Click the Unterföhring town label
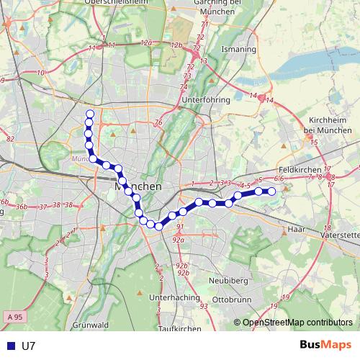point(206,100)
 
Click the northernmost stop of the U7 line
point(90,114)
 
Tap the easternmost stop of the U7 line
point(272,191)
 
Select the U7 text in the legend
point(29,346)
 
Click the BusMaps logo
point(325,345)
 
